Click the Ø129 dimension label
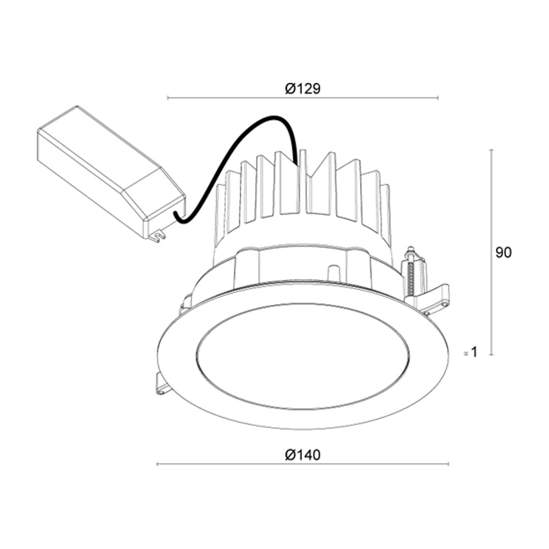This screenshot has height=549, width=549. [x=302, y=88]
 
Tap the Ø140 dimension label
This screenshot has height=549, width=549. [x=302, y=455]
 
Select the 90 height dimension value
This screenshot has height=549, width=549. [x=503, y=253]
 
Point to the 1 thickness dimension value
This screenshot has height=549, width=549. [x=474, y=352]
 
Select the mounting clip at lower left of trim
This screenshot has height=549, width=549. [x=163, y=385]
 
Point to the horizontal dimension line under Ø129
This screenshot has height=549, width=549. [x=302, y=98]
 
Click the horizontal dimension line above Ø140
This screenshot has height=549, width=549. [x=302, y=464]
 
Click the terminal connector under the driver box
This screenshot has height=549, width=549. [x=158, y=236]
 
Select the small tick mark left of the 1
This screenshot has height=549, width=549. [x=466, y=353]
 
